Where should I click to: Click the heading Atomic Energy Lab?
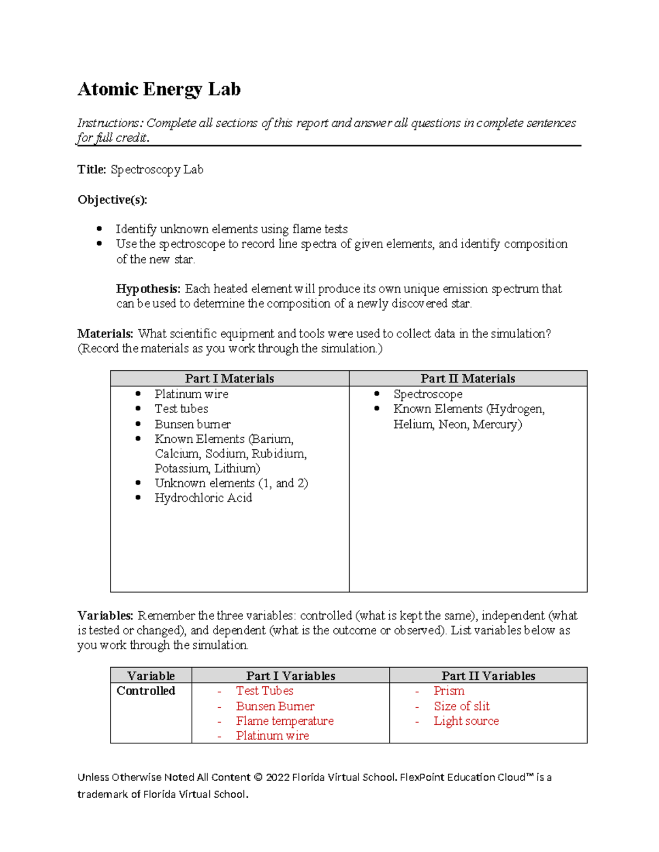coord(159,89)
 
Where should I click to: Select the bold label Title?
coord(92,170)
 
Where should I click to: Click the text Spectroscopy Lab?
coord(157,170)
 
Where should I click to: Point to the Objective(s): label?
coord(112,200)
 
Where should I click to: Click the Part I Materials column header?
coord(229,379)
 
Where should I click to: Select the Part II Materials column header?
coord(467,379)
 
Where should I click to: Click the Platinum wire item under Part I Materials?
coord(191,394)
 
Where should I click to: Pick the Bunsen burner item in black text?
coord(192,424)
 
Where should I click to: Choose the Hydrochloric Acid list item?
coord(203,498)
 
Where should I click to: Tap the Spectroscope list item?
coord(428,394)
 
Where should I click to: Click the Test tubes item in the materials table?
coord(181,409)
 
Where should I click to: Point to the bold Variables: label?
coord(105,616)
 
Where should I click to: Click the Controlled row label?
coord(146,691)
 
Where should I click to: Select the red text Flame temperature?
coord(284,721)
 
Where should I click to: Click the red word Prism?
coord(449,691)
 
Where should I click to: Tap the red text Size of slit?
coord(461,706)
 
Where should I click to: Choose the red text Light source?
coord(466,721)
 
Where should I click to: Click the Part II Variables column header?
coord(488,676)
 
